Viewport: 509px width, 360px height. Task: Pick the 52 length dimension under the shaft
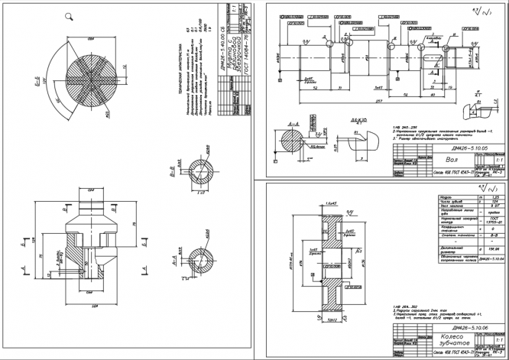[316, 89]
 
